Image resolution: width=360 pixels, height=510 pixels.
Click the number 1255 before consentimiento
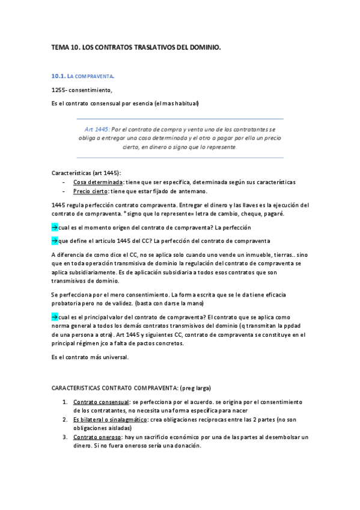point(59,90)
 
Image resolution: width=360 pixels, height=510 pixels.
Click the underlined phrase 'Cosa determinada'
point(98,182)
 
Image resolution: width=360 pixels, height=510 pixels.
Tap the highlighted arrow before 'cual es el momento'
point(55,227)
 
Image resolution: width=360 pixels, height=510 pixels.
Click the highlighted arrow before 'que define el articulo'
point(55,241)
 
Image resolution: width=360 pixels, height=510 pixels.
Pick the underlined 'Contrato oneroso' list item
point(96,437)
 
